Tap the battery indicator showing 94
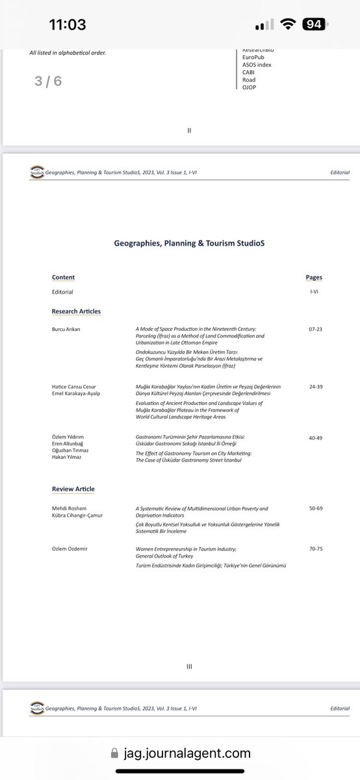[315, 25]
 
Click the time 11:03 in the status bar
[68, 25]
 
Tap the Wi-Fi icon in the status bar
[286, 25]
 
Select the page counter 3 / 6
[48, 82]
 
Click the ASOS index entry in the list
[256, 65]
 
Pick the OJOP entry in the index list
[249, 87]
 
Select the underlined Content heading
[63, 277]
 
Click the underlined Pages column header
[314, 277]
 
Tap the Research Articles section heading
[76, 311]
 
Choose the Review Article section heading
[73, 488]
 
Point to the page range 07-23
[316, 330]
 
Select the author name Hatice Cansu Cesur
[76, 386]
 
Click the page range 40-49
[316, 438]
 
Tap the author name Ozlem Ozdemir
[69, 549]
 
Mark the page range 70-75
[316, 549]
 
